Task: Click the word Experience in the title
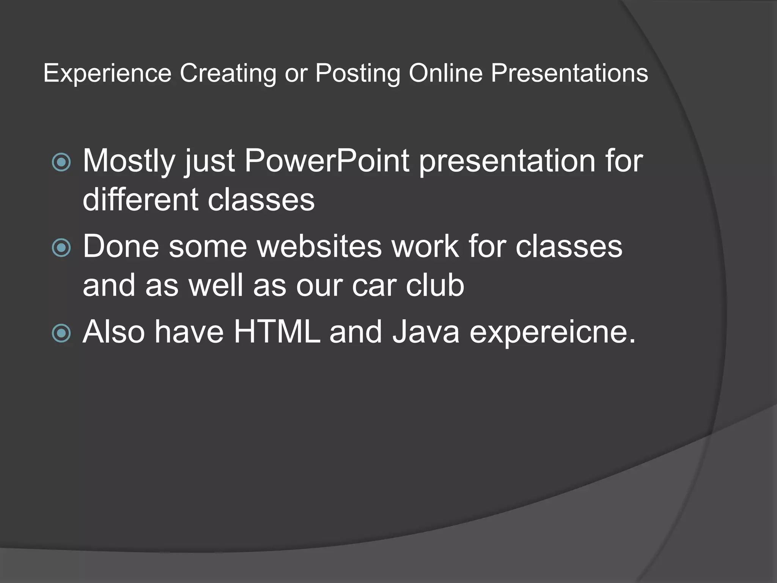point(107,73)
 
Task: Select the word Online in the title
point(445,73)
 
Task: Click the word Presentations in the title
point(569,73)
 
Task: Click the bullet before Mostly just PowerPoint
point(61,162)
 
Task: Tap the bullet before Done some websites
point(61,248)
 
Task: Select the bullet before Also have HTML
point(61,333)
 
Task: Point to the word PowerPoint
point(327,161)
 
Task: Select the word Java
point(425,332)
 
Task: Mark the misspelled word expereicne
point(552,332)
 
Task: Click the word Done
point(121,246)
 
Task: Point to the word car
point(374,285)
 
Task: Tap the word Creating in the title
point(228,73)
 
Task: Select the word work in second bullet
point(425,246)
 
